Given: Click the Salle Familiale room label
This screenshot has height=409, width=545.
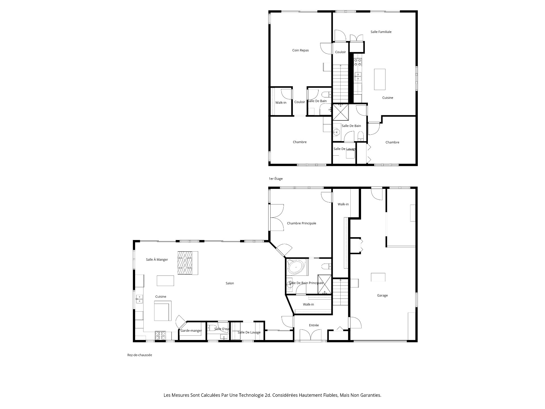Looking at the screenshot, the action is point(381,32).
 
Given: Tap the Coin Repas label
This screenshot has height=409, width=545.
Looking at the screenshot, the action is point(300,50).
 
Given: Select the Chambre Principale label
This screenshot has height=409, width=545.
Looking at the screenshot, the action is point(301,223).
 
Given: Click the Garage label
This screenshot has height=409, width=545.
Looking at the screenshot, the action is point(382,295).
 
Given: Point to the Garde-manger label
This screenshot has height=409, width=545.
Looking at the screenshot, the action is point(191,331).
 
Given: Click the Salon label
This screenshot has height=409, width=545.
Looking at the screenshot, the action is point(230,283).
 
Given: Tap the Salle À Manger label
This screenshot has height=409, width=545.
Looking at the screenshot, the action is point(157,260).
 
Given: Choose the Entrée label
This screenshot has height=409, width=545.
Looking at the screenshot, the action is point(314,325).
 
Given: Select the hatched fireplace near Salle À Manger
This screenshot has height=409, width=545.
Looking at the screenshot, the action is point(185,263).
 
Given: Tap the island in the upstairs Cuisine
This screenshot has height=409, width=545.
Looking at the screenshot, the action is point(380,79).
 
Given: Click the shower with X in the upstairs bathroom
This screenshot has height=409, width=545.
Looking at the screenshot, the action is point(341,112).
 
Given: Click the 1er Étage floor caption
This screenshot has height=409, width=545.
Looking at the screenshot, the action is point(276,179).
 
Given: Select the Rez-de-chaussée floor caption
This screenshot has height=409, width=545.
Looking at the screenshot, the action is point(140,355).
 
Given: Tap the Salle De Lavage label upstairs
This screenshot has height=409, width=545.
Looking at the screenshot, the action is point(345,149).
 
